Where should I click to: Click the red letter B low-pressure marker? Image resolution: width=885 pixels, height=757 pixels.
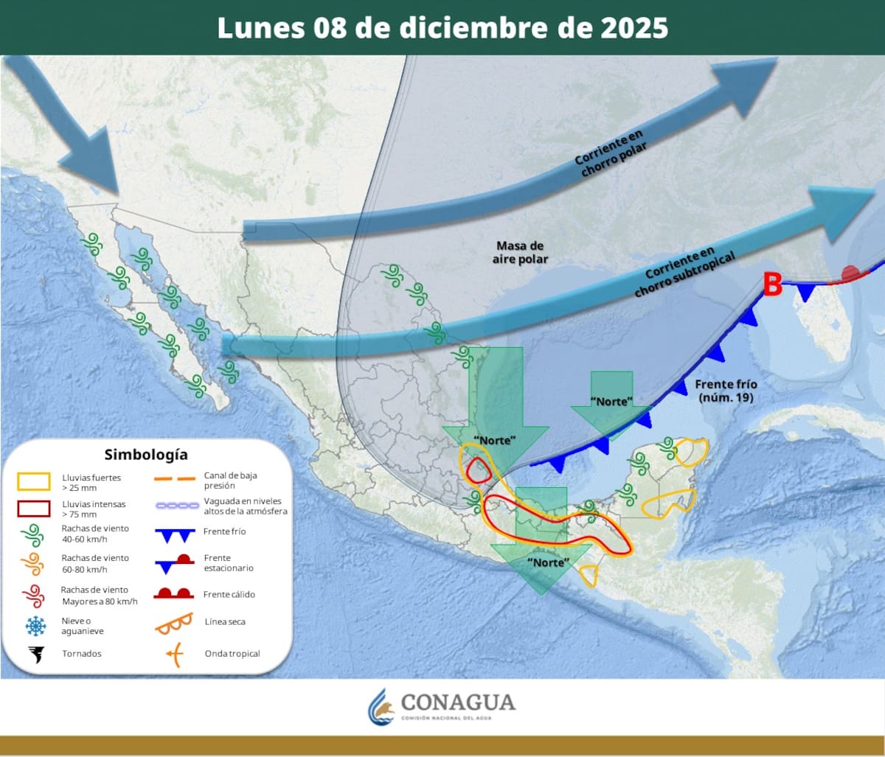(771, 285)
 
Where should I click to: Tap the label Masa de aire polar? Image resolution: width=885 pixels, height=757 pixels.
(520, 252)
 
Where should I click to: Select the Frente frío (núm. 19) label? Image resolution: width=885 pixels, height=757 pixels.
(726, 391)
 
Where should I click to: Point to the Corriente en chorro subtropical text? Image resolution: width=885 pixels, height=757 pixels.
(676, 272)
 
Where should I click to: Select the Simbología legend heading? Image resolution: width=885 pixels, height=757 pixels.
(146, 454)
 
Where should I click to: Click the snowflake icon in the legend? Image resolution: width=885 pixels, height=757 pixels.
(35, 626)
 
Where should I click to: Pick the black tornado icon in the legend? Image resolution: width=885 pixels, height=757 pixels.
(35, 654)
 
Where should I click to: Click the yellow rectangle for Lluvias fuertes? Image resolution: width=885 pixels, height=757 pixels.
(33, 482)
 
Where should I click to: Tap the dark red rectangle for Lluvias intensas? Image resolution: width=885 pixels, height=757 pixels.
(33, 509)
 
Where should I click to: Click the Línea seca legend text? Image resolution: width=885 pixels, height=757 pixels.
(225, 622)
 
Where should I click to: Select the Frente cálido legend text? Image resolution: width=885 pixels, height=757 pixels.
(229, 594)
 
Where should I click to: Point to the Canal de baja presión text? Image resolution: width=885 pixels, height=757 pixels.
(230, 481)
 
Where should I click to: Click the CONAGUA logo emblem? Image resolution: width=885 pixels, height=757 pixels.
(381, 707)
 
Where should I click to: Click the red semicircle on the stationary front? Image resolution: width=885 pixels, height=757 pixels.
(851, 273)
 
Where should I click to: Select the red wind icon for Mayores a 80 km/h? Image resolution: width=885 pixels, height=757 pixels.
(33, 594)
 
